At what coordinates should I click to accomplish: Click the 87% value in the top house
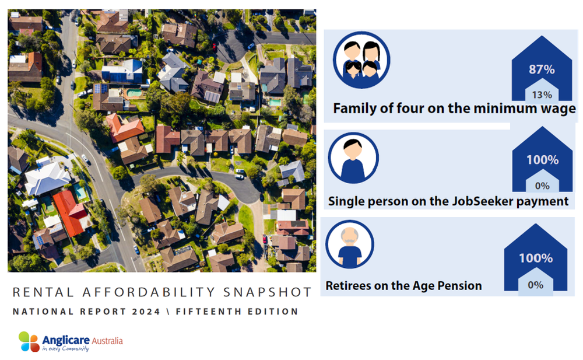tap(542, 69)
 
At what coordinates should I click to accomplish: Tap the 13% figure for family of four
tap(542, 94)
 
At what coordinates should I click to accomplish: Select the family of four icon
tap(361, 61)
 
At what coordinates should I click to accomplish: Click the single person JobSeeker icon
tap(353, 158)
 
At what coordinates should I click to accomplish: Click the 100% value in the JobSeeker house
tap(542, 160)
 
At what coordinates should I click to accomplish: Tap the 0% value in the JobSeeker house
tap(542, 186)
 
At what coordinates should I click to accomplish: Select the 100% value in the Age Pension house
tap(535, 257)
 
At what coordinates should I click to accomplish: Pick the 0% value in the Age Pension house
tap(535, 285)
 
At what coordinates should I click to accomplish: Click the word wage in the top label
tap(557, 109)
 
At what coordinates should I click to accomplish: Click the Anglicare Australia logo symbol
tap(28, 341)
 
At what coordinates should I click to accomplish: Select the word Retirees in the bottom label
tap(350, 286)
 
